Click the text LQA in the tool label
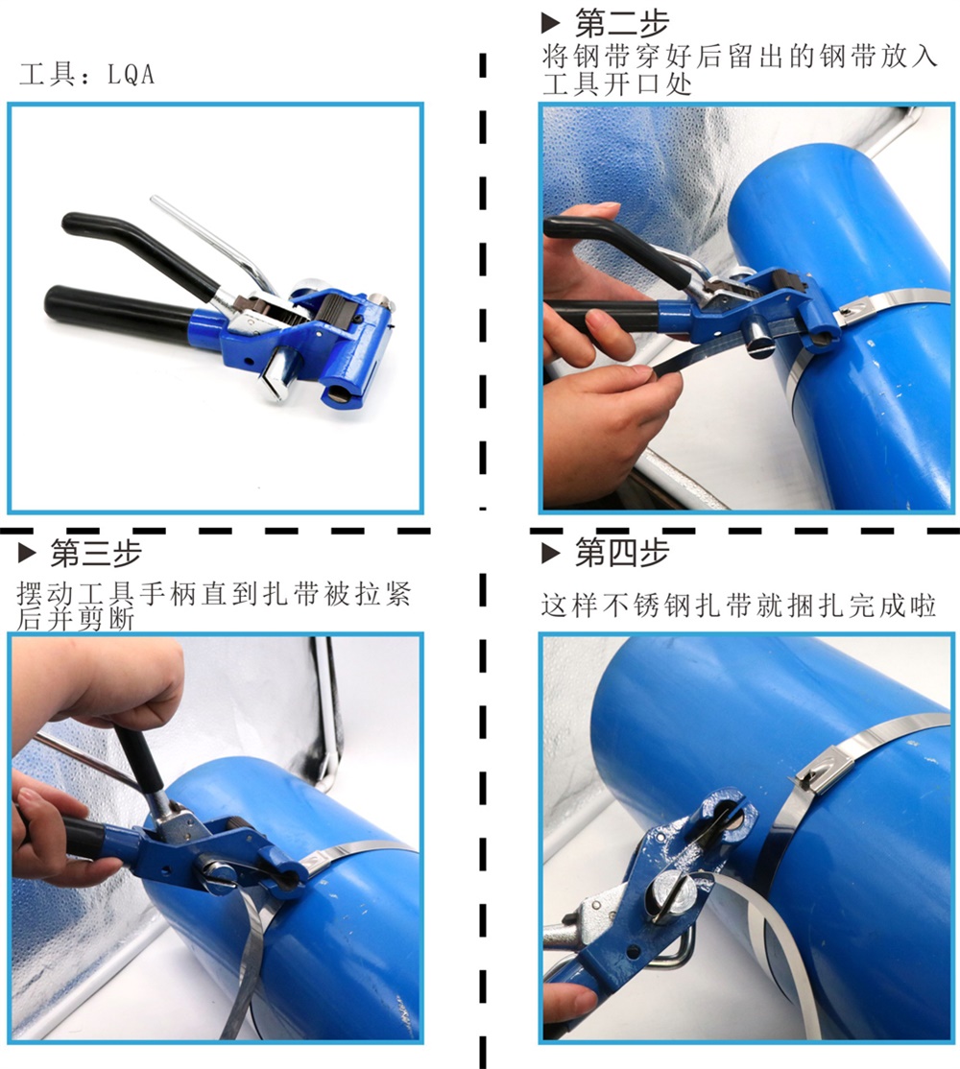[x=131, y=74]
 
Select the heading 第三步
[x=95, y=553]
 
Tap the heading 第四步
[x=621, y=552]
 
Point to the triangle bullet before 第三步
[x=27, y=553]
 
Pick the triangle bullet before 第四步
[x=550, y=553]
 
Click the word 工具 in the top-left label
[x=47, y=74]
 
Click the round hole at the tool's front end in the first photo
[x=338, y=395]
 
